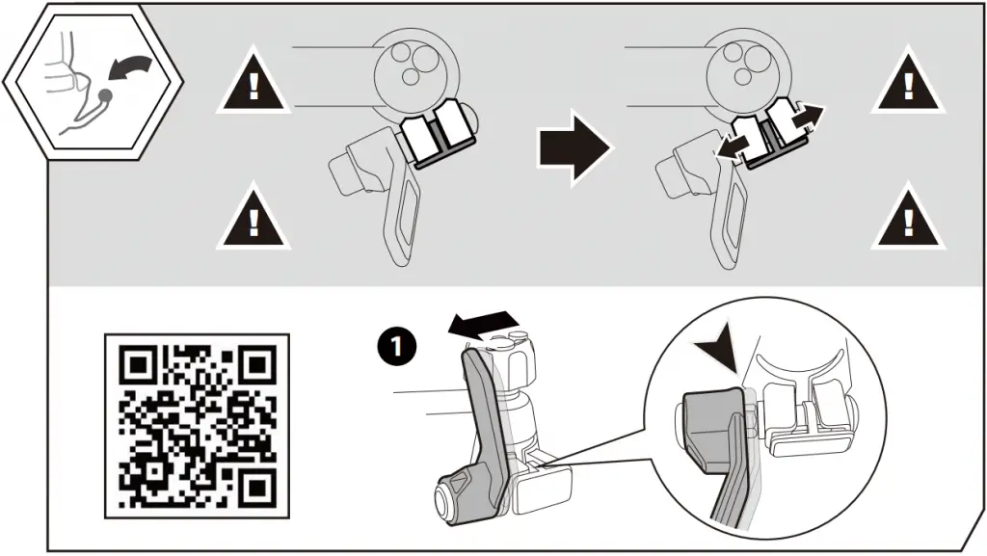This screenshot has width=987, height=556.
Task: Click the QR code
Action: [197, 426]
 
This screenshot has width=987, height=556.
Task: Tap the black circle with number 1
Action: [396, 346]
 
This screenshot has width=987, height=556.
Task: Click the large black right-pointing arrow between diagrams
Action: [574, 148]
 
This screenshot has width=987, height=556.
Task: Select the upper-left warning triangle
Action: [253, 82]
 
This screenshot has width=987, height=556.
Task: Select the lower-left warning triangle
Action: [253, 218]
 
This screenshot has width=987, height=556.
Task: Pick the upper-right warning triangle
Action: [908, 82]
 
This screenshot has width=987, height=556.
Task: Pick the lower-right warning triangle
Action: [908, 218]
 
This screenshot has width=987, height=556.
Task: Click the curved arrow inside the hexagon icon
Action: [129, 67]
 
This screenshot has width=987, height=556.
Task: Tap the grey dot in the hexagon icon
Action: [105, 95]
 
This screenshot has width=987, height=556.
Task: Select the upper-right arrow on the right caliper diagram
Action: [804, 118]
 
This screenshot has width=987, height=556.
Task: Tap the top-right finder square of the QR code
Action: [257, 363]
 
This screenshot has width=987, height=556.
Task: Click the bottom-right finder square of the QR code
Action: [257, 487]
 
